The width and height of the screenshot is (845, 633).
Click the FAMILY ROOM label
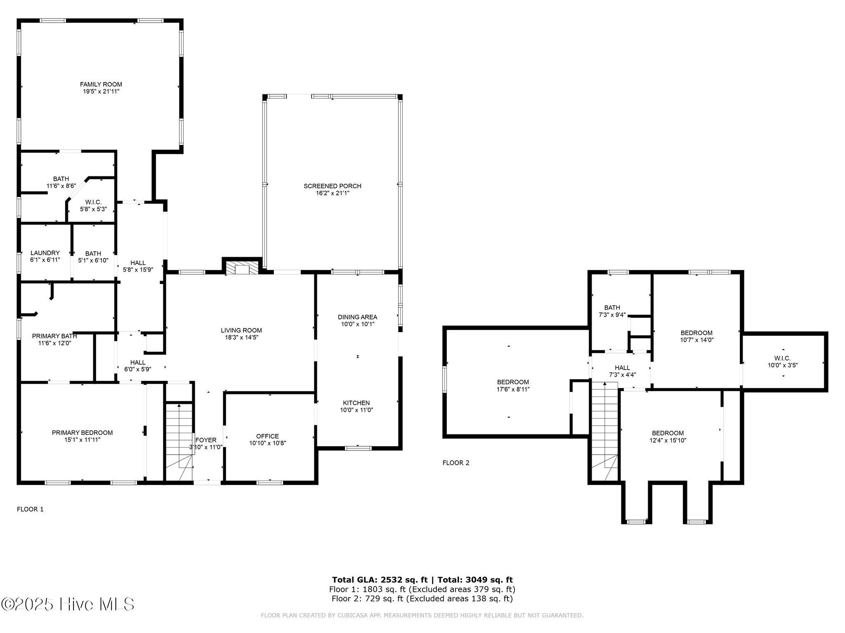(x=101, y=84)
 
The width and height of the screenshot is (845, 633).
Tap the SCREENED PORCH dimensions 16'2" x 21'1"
(x=333, y=193)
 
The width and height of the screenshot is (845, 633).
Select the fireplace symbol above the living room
(x=242, y=268)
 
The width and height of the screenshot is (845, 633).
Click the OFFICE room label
(x=267, y=436)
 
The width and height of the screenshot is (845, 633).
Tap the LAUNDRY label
(x=45, y=253)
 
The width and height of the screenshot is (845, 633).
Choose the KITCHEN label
(x=356, y=403)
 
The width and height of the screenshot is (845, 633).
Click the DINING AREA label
(x=357, y=317)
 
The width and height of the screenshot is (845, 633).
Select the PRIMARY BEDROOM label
(x=82, y=433)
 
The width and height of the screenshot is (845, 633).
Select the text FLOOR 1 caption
(x=30, y=509)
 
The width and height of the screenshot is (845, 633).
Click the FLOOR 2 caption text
(x=456, y=463)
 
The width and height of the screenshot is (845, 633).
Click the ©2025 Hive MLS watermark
(x=68, y=604)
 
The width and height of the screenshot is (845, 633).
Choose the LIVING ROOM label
(x=241, y=330)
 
